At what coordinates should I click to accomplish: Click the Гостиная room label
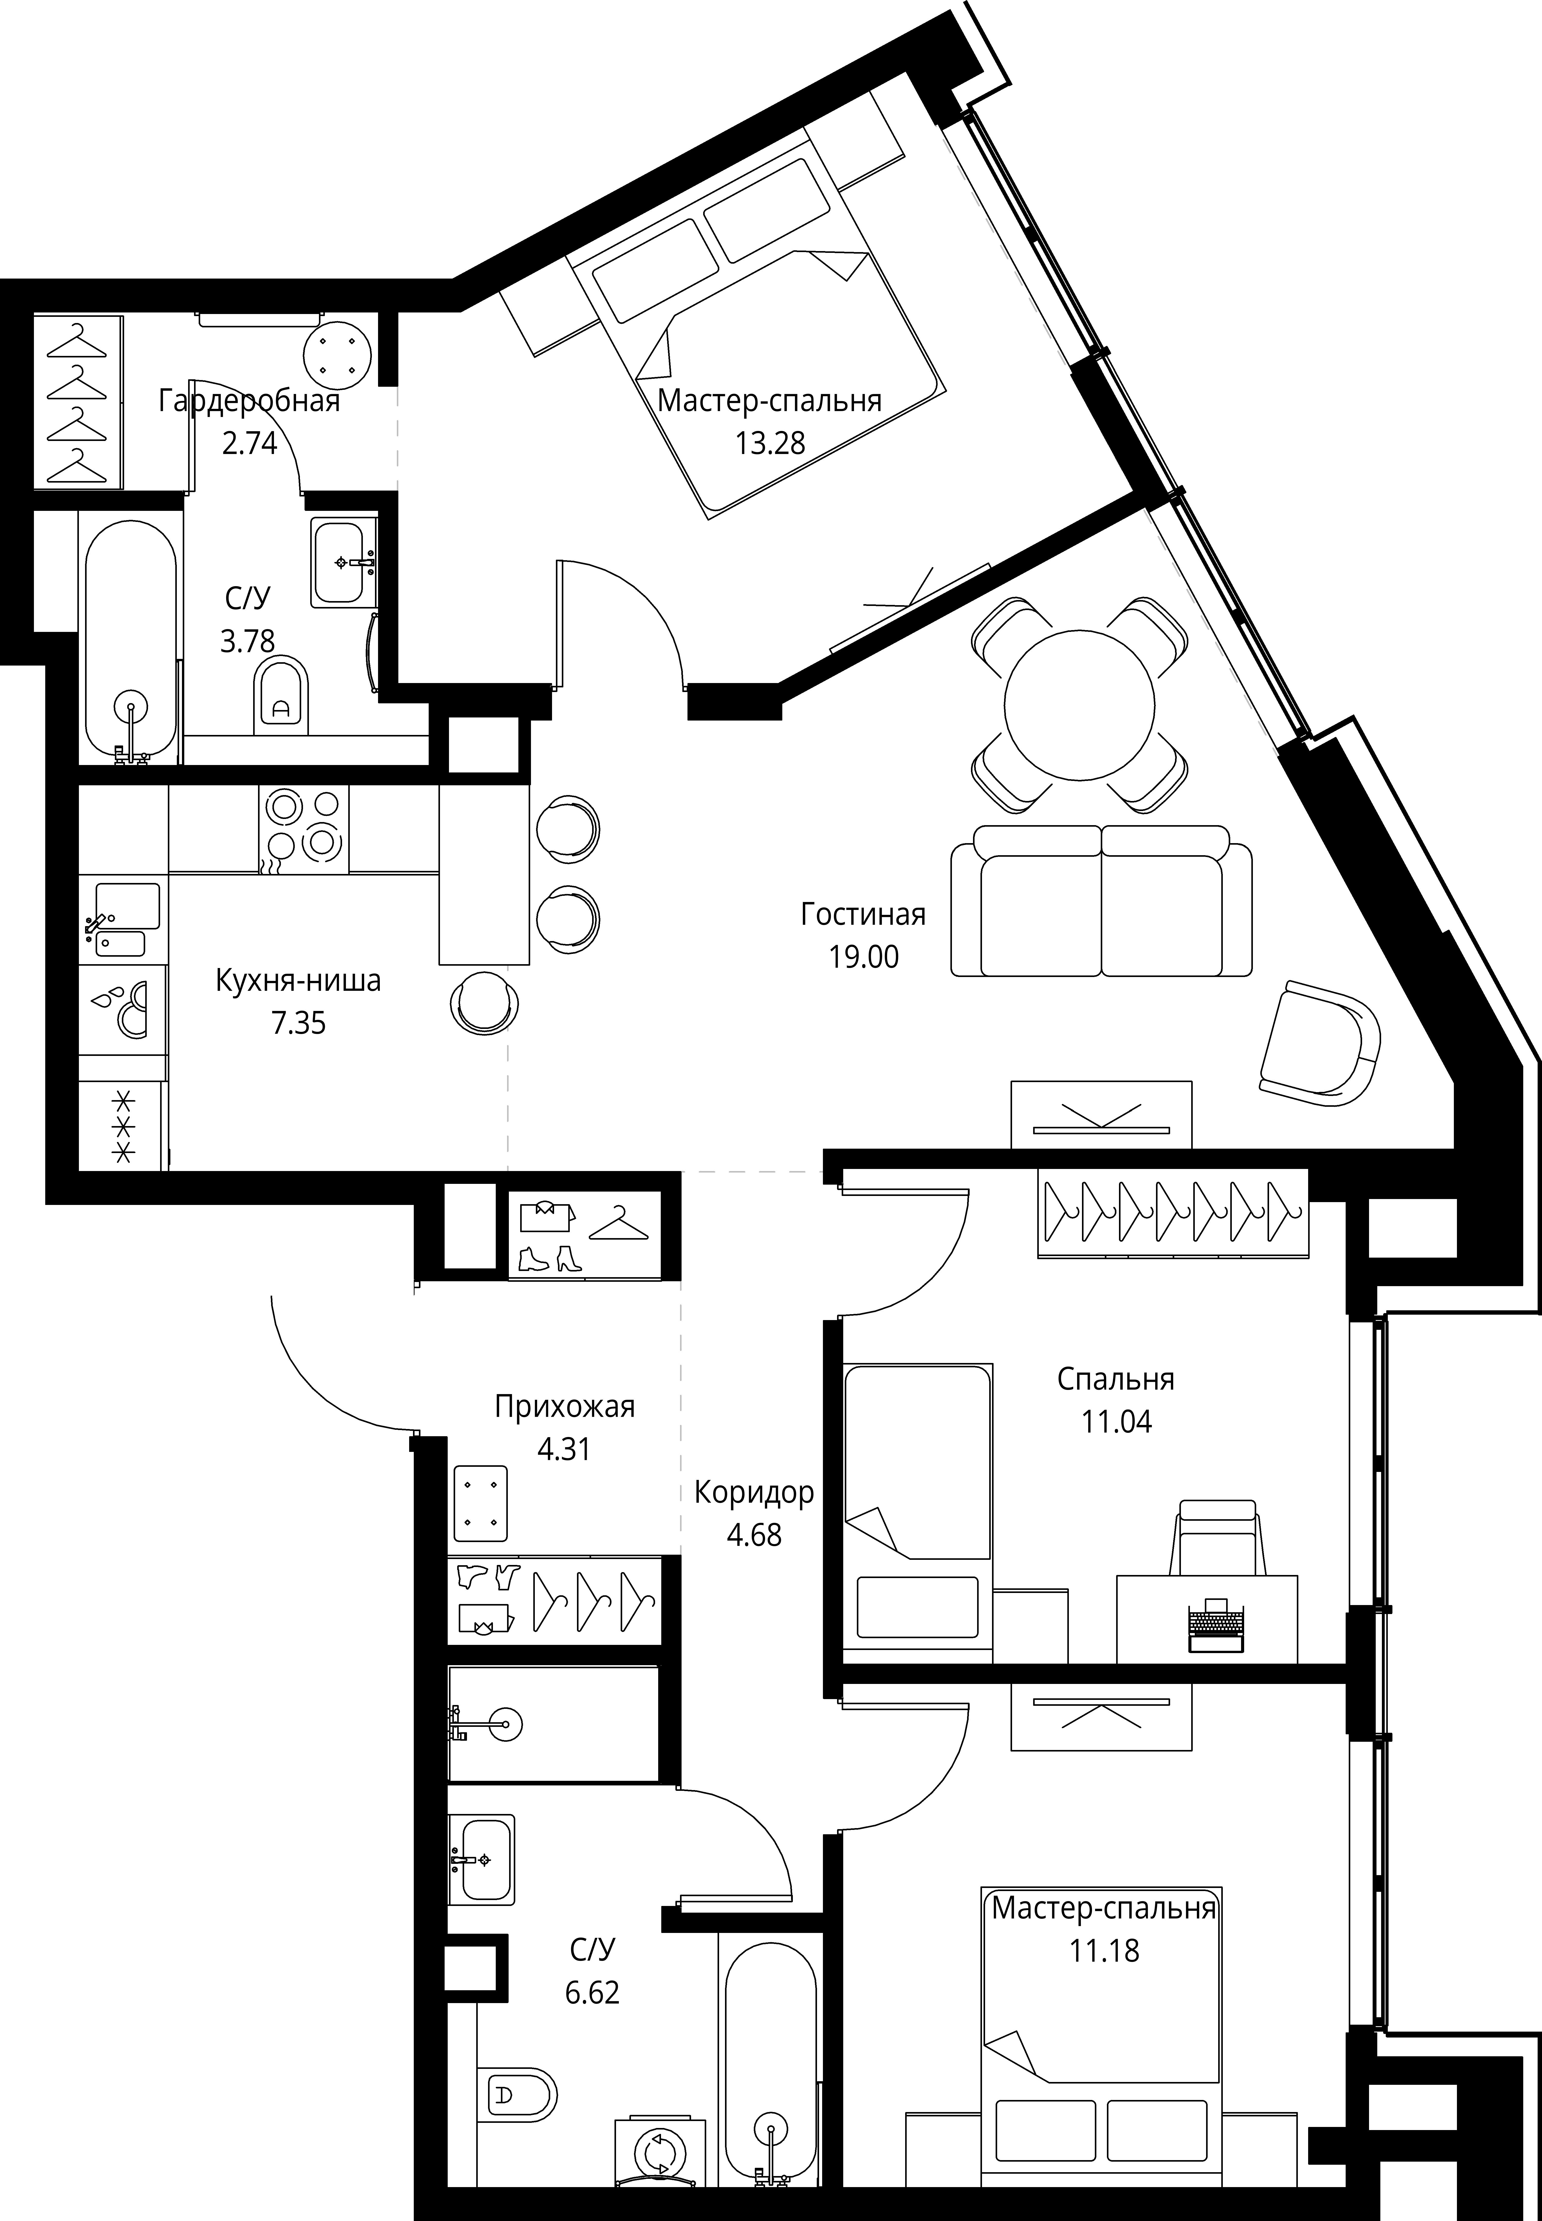click(x=863, y=914)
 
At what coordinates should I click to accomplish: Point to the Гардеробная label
click(x=249, y=401)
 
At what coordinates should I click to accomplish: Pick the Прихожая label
click(x=564, y=1407)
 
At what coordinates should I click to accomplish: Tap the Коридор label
click(x=754, y=1492)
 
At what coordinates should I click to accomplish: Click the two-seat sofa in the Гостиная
click(x=1102, y=900)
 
